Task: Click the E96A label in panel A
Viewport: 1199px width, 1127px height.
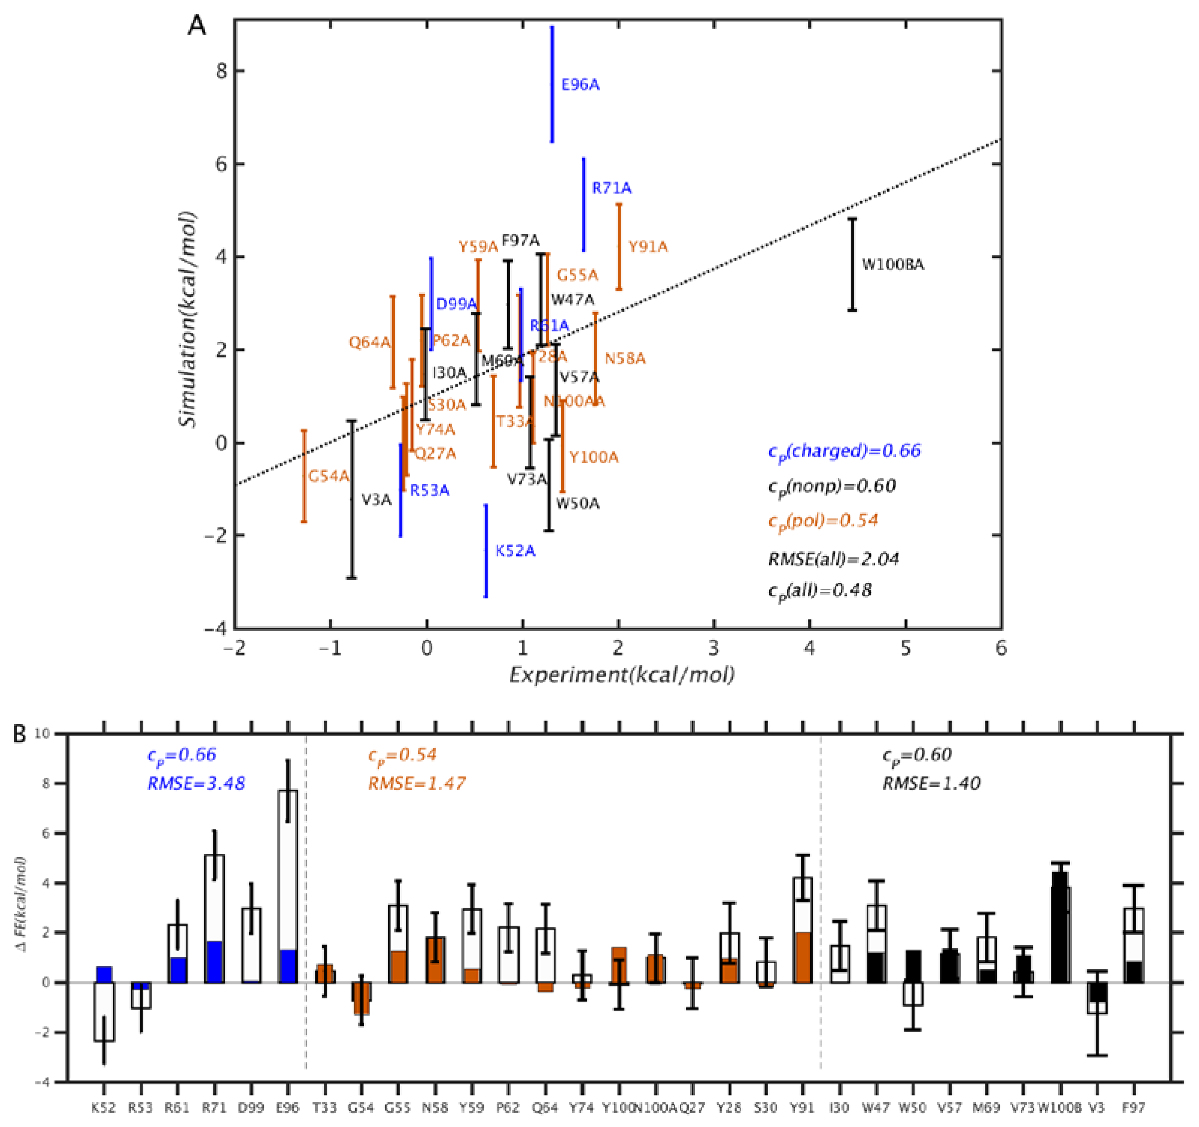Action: coord(580,85)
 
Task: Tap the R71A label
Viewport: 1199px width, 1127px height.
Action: coord(612,188)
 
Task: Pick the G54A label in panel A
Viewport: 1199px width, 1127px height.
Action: coord(329,476)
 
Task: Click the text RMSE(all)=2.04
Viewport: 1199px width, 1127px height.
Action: coord(833,559)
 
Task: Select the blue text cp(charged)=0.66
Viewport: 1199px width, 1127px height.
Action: coord(845,451)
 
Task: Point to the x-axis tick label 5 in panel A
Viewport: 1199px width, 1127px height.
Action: coord(905,648)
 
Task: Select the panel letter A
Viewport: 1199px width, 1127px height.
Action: coord(197,27)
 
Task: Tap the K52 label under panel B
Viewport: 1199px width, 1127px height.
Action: coord(104,1107)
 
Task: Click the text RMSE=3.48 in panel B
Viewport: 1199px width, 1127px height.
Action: coord(196,783)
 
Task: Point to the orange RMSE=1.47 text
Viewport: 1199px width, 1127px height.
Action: coord(417,783)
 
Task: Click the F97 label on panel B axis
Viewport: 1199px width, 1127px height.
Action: coord(1134,1107)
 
